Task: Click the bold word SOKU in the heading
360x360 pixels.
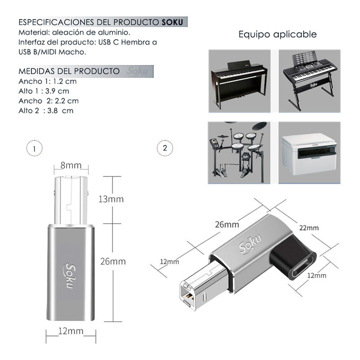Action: tap(172, 22)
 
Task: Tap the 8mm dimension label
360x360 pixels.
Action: tap(71, 165)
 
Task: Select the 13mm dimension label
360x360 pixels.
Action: tap(111, 199)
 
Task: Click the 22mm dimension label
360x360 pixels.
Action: tap(309, 228)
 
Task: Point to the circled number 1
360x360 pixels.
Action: tap(35, 148)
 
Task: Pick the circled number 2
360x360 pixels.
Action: tap(165, 148)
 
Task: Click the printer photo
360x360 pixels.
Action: tap(309, 153)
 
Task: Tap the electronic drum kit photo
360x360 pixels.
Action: tap(239, 153)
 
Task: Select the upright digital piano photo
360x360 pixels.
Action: tap(239, 81)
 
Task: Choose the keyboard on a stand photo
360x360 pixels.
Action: tap(310, 81)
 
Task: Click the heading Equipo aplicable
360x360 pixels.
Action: tap(278, 35)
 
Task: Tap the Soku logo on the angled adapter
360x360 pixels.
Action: tap(250, 243)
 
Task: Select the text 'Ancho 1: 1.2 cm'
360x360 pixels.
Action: tap(48, 81)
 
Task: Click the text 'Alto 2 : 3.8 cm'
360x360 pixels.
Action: tap(46, 111)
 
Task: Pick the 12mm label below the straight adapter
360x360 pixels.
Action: tap(71, 331)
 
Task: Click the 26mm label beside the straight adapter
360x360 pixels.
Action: tap(113, 261)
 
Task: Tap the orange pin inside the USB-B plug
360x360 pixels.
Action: tap(189, 297)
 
